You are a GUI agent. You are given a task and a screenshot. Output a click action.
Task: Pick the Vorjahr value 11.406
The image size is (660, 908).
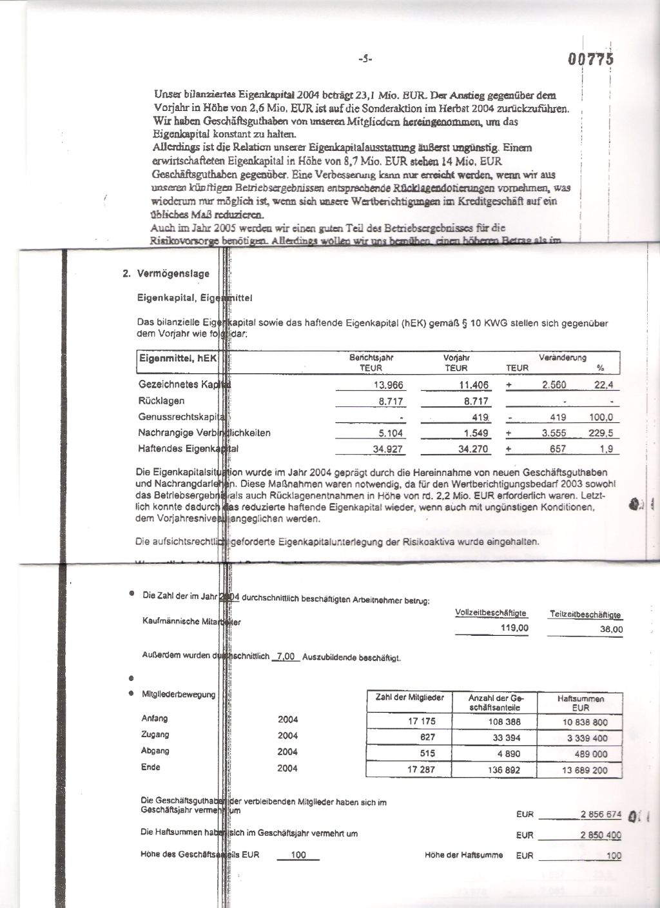475,385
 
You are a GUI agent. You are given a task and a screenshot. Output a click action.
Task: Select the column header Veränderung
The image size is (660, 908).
563,357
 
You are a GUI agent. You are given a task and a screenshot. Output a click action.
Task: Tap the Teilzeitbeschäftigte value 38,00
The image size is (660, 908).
610,629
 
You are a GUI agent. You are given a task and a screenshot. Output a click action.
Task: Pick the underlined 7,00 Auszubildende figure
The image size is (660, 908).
284,656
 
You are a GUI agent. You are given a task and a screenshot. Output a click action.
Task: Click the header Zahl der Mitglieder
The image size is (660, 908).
409,698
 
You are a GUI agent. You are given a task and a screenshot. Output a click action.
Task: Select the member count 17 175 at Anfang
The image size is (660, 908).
422,722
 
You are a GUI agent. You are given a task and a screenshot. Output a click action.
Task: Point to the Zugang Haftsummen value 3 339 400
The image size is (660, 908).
587,738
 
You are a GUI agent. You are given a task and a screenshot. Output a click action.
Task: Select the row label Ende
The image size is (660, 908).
151,767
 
